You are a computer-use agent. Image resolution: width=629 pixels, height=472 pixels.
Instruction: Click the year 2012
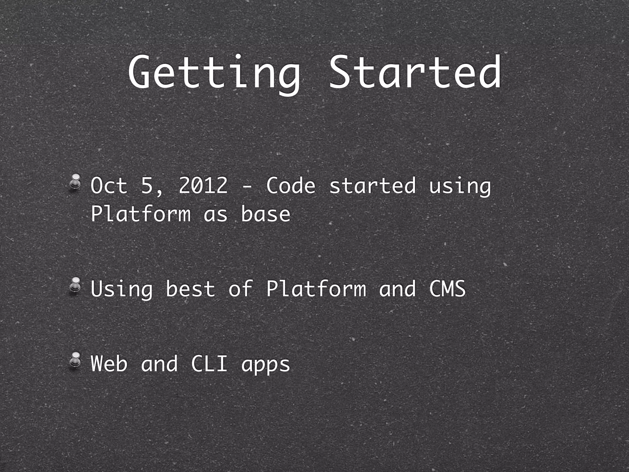click(x=203, y=186)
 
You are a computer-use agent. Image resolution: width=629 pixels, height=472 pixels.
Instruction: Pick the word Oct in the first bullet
click(x=109, y=186)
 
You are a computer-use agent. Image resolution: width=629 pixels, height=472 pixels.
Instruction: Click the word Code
click(x=291, y=186)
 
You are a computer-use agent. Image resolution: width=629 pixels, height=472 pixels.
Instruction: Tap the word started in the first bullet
click(x=372, y=186)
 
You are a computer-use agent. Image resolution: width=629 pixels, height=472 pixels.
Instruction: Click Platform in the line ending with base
click(x=141, y=214)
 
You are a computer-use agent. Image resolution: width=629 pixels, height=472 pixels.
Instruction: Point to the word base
click(x=265, y=214)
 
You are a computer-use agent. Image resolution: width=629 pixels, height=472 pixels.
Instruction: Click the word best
click(x=190, y=289)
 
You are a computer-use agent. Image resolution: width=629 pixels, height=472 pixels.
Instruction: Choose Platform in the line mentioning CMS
click(x=316, y=289)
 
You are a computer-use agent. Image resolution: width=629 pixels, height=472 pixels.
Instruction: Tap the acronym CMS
click(x=447, y=289)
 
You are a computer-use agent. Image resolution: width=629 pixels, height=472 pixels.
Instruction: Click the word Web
click(x=109, y=364)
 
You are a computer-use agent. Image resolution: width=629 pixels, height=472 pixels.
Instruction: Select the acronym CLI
click(x=209, y=364)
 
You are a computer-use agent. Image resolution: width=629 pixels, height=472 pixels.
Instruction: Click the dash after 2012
click(x=247, y=186)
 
